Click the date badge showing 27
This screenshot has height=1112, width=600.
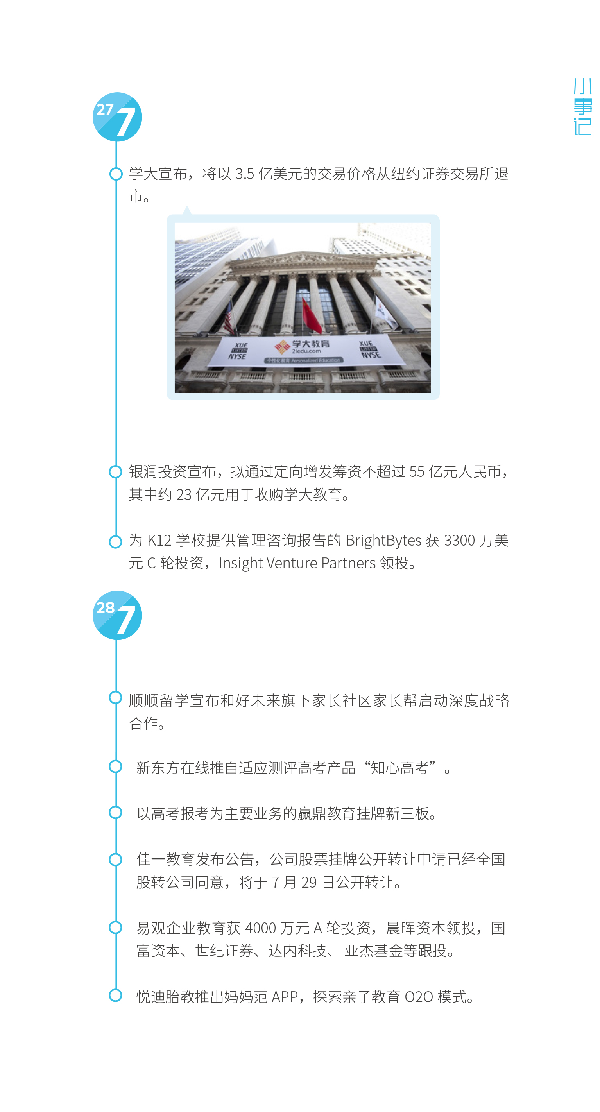(117, 117)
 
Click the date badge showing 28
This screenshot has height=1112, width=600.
(117, 615)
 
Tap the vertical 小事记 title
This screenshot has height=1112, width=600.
(582, 107)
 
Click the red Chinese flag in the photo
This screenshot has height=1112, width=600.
(312, 315)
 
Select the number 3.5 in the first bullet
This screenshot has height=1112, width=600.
(244, 174)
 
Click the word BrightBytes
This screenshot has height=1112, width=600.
(383, 541)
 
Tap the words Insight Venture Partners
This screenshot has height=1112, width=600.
(297, 563)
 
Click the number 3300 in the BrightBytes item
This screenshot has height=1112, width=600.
(459, 541)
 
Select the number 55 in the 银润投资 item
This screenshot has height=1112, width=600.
(417, 472)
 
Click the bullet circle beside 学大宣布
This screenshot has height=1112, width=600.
(116, 174)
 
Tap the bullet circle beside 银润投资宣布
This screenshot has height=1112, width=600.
(116, 472)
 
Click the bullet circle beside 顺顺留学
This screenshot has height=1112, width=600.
(116, 698)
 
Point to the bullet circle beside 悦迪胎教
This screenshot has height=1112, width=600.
(116, 996)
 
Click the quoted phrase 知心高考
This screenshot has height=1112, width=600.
(399, 768)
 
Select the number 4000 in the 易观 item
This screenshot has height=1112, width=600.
(260, 928)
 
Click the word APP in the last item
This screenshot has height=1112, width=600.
(285, 997)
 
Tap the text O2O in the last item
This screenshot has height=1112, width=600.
(419, 997)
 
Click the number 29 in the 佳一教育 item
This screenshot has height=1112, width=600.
(309, 882)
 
